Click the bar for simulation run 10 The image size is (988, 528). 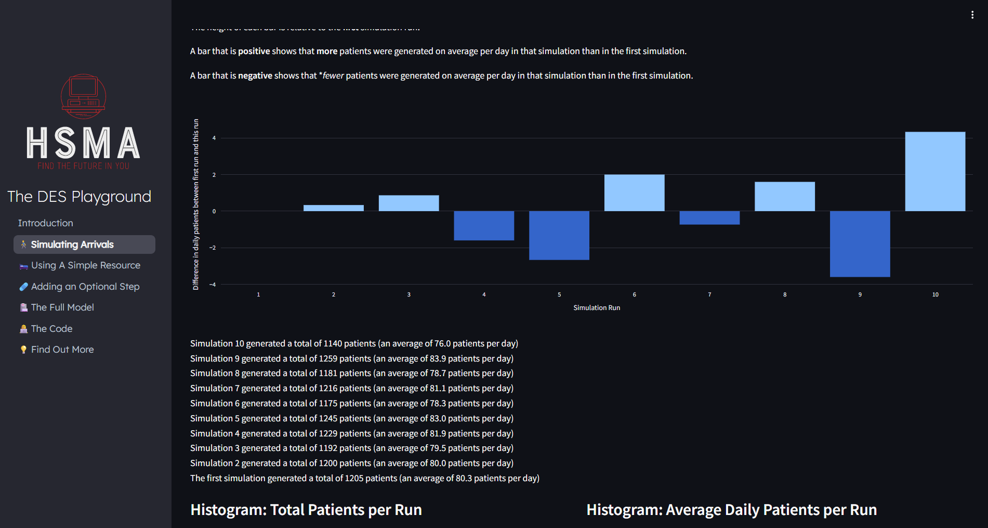pos(935,171)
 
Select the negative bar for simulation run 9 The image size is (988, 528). pos(860,243)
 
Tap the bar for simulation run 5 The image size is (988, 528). pos(559,235)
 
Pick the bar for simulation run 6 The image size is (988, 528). pos(634,192)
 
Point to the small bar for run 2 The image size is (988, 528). pos(334,208)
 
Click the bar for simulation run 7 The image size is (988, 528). pos(709,217)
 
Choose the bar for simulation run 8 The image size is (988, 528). pos(785,196)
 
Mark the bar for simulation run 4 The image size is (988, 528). pos(484,225)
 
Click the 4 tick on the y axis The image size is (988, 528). pos(214,138)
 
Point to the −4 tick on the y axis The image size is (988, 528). pos(213,285)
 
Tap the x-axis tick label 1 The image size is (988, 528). pos(258,294)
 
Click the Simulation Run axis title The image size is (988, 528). pos(597,308)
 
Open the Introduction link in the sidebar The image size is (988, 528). pos(46,223)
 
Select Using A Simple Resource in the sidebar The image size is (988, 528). pos(86,265)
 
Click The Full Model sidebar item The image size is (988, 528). pos(62,307)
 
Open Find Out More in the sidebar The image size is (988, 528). pos(62,350)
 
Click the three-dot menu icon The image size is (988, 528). pos(972,15)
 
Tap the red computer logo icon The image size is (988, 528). pos(83,96)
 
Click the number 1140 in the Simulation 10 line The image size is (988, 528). pos(333,344)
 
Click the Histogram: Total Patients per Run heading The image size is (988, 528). pos(306,510)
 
